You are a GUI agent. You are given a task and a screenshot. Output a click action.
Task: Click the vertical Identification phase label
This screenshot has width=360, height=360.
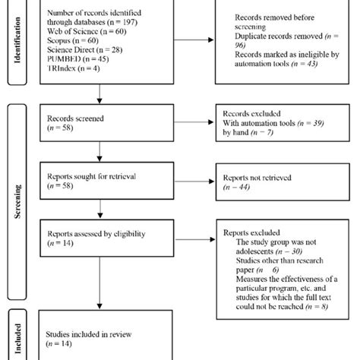click(x=17, y=45)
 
